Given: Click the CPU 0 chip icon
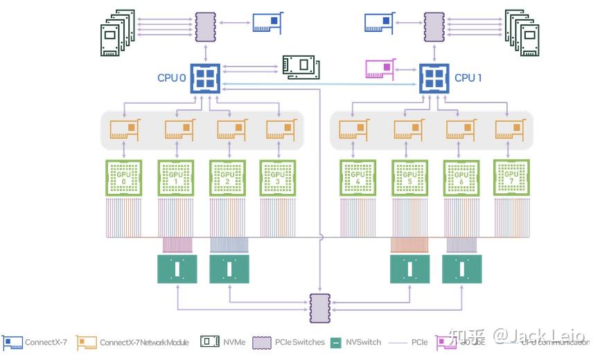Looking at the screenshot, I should pyautogui.click(x=205, y=78).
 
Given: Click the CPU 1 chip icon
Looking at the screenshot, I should pyautogui.click(x=434, y=78).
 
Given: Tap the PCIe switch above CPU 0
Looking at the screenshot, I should pyautogui.click(x=206, y=26).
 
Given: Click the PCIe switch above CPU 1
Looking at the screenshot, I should pyautogui.click(x=434, y=26).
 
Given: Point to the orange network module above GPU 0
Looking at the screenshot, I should pyautogui.click(x=123, y=129).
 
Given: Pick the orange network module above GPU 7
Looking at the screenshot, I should pyautogui.click(x=511, y=129).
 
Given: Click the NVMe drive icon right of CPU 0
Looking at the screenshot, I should pyautogui.click(x=301, y=66).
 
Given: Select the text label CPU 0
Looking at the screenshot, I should pyautogui.click(x=171, y=78).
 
